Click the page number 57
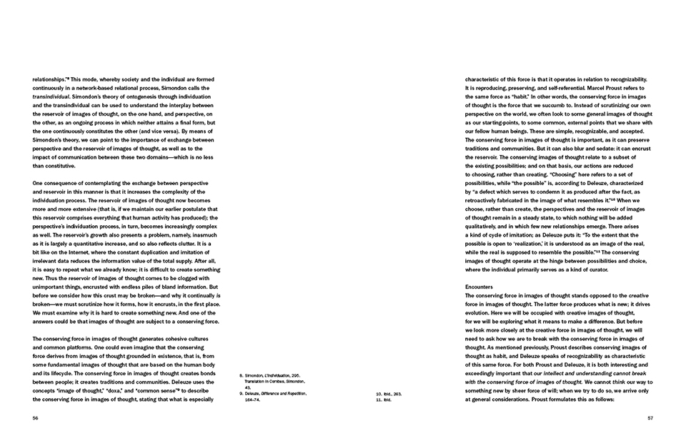[x=650, y=418]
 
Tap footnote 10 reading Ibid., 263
[x=392, y=393]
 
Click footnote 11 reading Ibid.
[x=387, y=399]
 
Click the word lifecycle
[x=73, y=373]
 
